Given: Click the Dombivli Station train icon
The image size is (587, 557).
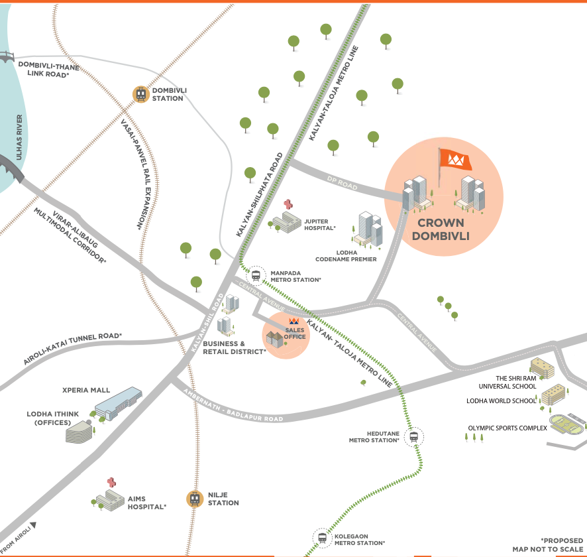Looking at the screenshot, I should click(x=141, y=94).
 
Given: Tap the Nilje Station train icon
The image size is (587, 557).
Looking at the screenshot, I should click(x=194, y=499).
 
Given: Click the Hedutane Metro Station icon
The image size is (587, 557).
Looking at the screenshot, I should click(x=414, y=436).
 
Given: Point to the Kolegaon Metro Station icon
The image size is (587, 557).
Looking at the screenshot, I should click(x=322, y=538).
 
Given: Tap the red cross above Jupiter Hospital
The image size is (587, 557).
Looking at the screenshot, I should click(x=288, y=204).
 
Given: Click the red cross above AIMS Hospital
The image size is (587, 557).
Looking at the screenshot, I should click(x=111, y=482).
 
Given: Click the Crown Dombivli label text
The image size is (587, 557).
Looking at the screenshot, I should click(x=443, y=229).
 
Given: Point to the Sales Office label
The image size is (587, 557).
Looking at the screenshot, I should click(x=295, y=334).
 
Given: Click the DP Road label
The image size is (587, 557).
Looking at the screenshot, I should click(x=342, y=183).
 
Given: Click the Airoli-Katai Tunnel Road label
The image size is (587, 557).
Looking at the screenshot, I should click(x=73, y=350).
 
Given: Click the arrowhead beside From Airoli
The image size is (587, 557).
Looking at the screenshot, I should click(x=33, y=525).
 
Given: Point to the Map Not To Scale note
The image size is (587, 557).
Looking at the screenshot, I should click(x=548, y=549).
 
